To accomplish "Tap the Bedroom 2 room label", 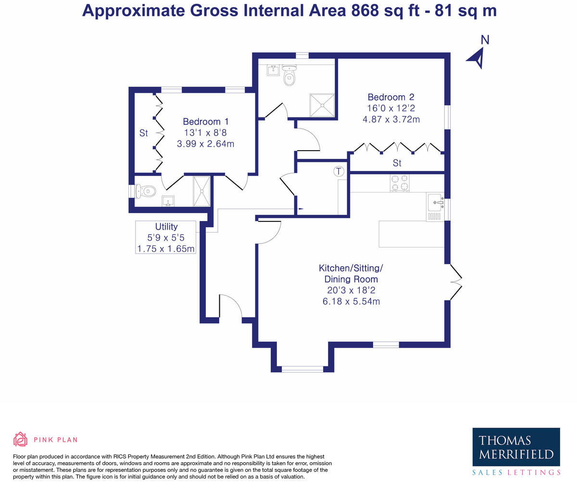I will coord(391,97).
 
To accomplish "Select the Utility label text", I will coord(166,226).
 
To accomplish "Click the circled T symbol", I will coord(339,171).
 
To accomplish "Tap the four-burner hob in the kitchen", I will coord(400,183).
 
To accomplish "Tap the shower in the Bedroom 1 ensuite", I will coord(201,191).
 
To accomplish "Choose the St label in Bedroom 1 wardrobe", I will coord(143,133).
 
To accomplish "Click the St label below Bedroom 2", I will coord(397,163).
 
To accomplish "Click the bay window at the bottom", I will coord(302,369).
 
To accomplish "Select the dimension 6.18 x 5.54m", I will coord(351,301).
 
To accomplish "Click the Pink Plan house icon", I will coord(20,439).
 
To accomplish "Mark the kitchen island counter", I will coord(411,234).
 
